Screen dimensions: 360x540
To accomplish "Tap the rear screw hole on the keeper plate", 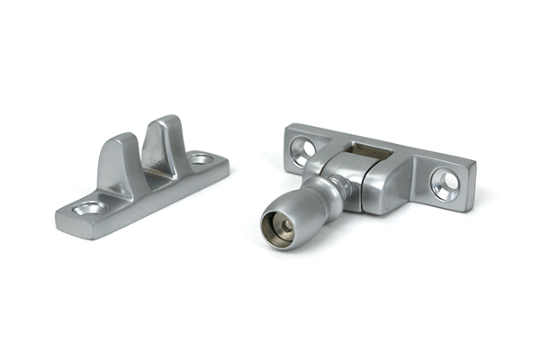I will point(201,159).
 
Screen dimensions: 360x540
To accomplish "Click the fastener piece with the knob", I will point(369,180).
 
